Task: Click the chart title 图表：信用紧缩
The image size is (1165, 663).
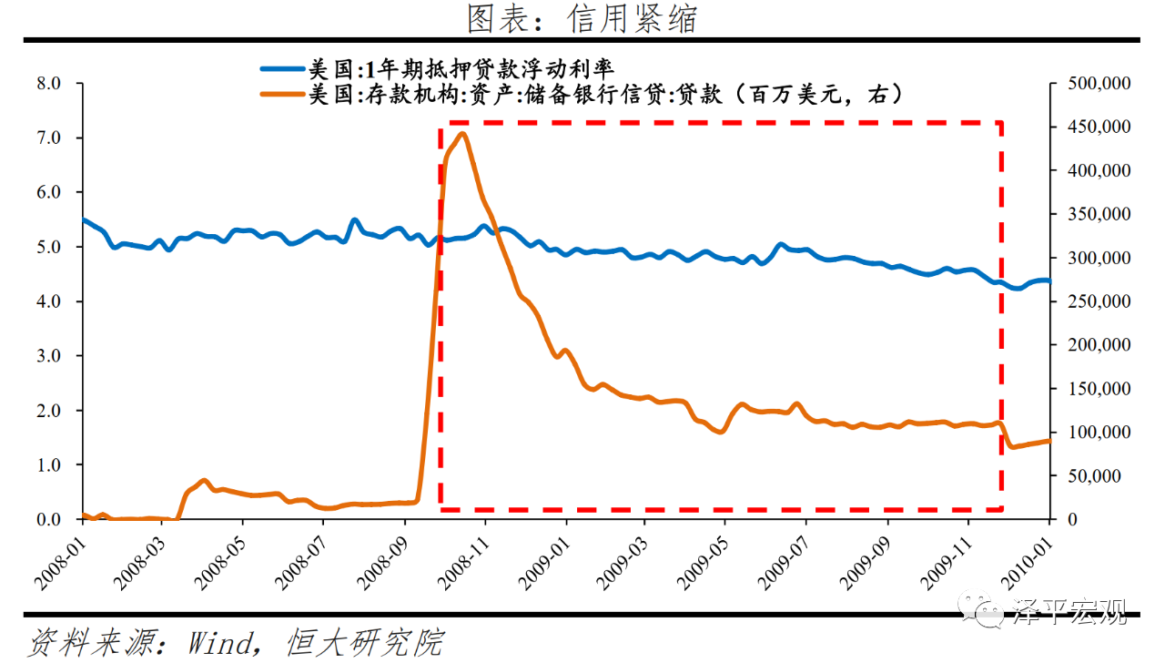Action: [582, 18]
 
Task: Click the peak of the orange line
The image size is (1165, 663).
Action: [462, 134]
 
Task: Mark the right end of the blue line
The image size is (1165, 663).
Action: [1049, 281]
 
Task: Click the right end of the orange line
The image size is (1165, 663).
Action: [1049, 441]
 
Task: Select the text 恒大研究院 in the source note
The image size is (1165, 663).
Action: [364, 642]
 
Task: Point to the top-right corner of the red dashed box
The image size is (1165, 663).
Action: [1001, 122]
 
